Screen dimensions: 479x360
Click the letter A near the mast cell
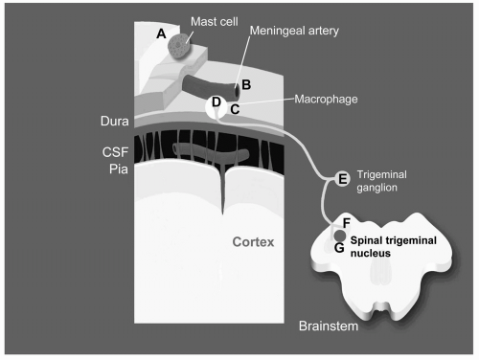coord(161,34)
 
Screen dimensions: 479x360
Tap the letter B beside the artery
coord(246,85)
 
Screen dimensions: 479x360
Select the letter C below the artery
coord(235,109)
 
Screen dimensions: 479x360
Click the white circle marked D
coord(216,107)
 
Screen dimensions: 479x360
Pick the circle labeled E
coord(342,178)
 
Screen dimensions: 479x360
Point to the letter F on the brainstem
coord(346,223)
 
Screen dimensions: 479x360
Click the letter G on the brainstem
coord(339,248)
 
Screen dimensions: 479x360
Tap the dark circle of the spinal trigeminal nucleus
coord(339,236)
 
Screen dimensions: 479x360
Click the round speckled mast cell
coord(179,47)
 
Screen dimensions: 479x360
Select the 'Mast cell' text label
coord(215,22)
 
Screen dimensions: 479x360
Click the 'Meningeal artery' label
coord(294,31)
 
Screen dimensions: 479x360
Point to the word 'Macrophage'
coord(326,100)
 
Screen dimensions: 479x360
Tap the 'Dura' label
coord(115,122)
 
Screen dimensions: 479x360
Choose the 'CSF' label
coord(115,152)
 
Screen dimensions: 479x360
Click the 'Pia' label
coord(119,169)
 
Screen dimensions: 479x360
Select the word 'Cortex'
coord(253,242)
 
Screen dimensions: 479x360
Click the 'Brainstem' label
coord(329,326)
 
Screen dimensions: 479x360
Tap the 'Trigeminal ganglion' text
coord(382,181)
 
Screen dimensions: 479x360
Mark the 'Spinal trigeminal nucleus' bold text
coord(394,247)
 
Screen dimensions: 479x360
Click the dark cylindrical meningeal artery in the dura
coord(211,87)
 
